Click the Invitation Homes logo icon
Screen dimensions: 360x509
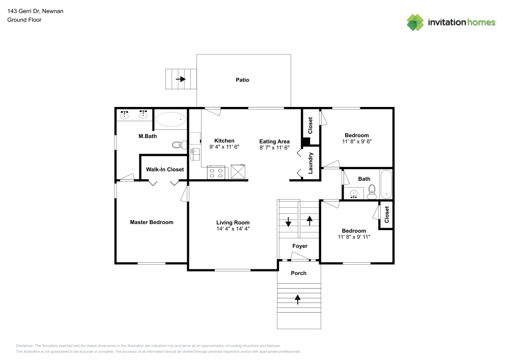click(x=415, y=22)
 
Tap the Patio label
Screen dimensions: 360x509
click(x=242, y=80)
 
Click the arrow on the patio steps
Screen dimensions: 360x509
click(x=181, y=79)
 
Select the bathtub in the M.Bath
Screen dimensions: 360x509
click(x=171, y=120)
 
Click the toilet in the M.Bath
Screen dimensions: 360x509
click(x=177, y=145)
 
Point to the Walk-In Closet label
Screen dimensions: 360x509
click(x=165, y=170)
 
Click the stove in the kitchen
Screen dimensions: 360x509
click(x=216, y=172)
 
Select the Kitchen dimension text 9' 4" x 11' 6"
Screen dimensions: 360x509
click(x=224, y=147)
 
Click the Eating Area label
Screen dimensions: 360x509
click(x=274, y=142)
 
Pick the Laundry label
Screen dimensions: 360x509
click(x=310, y=163)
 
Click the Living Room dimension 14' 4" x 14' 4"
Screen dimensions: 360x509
click(x=233, y=229)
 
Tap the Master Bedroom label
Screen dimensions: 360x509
click(x=152, y=223)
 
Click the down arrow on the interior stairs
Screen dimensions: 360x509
click(x=288, y=222)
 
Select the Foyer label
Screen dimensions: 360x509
click(x=300, y=246)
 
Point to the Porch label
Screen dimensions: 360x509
click(x=299, y=273)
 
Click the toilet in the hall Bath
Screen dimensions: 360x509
click(x=372, y=191)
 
